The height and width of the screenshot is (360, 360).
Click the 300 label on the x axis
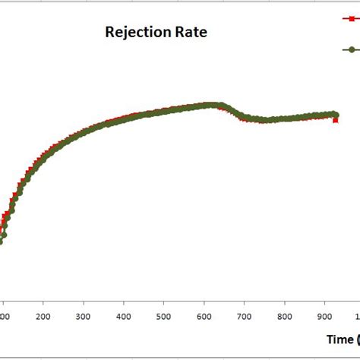pos(84,317)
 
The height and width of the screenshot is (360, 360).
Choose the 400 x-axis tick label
pos(124,317)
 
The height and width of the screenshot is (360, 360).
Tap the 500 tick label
pos(164,317)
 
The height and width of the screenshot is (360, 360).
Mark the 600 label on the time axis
pos(204,317)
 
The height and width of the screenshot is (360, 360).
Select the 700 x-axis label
pos(245,317)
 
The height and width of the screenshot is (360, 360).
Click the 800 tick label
pos(284,317)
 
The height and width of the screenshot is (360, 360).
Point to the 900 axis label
pos(324,317)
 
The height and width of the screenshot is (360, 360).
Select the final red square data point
pos(336,120)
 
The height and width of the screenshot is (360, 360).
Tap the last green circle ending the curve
pos(335,114)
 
